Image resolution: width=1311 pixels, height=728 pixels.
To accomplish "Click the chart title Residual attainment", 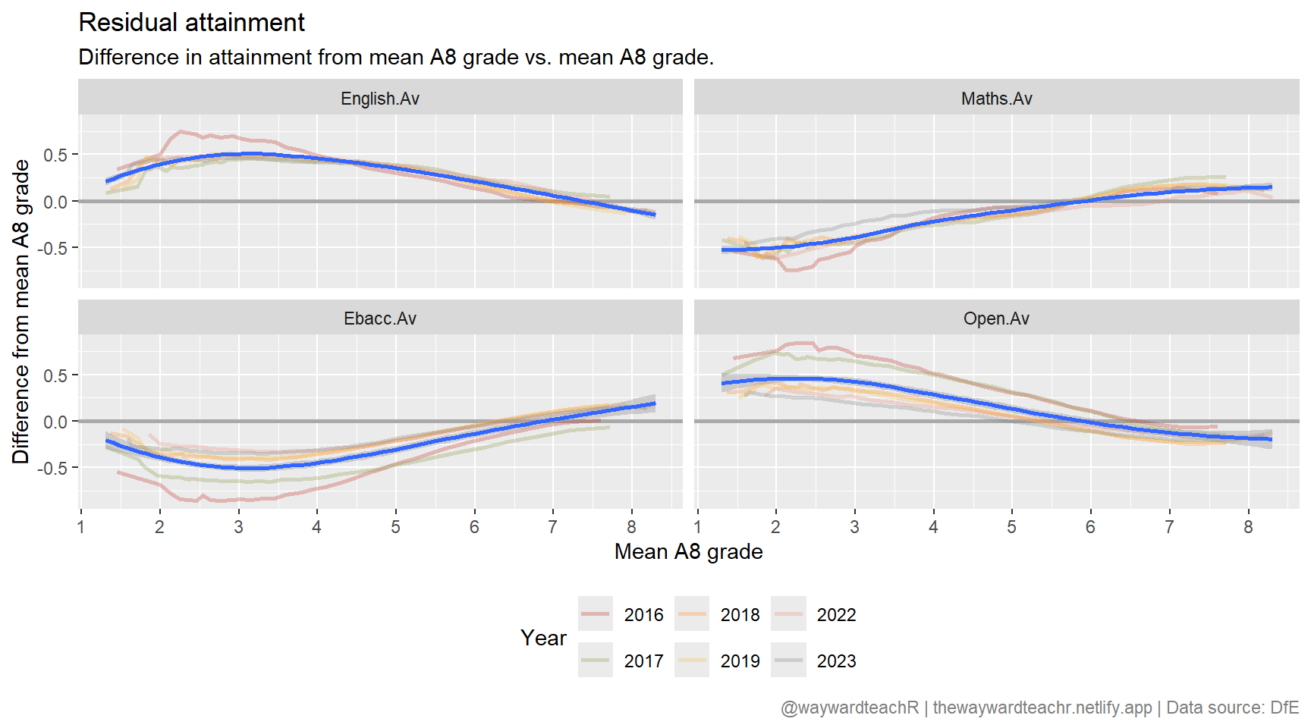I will pos(191,23).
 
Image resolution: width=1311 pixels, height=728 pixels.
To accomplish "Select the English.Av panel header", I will pos(380,99).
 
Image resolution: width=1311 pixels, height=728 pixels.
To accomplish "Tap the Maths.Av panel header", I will pos(996,99).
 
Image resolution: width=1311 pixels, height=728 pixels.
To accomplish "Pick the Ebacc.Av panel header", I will pos(380,318).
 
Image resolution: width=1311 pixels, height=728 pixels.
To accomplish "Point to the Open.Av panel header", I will pos(996,318).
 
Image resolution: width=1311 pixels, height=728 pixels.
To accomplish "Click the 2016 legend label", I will pos(643,615).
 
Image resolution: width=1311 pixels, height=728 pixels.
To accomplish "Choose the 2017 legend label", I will pos(643,661).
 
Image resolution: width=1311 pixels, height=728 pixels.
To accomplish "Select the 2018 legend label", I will pos(740,615).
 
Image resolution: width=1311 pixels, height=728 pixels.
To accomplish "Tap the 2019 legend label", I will pos(740,661).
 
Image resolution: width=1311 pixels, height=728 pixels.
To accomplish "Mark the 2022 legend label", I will pos(836,615).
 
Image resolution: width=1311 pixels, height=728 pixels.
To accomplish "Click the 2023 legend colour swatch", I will pos(788,661).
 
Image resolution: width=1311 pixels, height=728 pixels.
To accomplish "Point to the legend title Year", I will pos(543,639).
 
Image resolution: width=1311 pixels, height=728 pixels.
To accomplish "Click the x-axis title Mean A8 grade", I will pos(688,551).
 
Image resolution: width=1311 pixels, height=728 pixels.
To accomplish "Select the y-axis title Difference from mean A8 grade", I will pos(20,311).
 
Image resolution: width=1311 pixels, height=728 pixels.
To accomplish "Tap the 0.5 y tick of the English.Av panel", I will pos(55,155).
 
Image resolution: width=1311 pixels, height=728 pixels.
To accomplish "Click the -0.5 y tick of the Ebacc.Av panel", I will pos(52,469).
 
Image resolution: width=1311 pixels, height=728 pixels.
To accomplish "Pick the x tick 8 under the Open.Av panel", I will pos(1248,527).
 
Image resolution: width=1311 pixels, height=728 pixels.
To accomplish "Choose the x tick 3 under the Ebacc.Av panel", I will pos(238,527).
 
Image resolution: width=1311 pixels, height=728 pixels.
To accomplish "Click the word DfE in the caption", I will pos(1284,708).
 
